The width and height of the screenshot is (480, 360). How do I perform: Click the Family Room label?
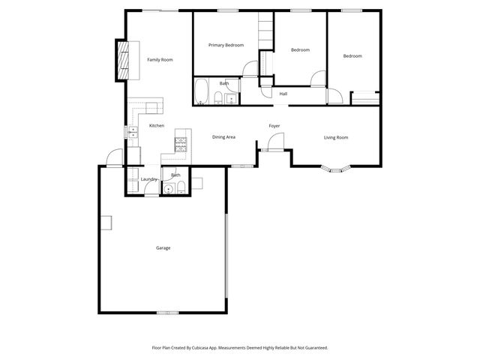coord(160,59)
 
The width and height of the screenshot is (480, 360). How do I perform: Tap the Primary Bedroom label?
coord(226,45)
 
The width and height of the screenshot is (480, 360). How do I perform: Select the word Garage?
coord(163,247)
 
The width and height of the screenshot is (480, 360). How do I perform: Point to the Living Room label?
coord(336,137)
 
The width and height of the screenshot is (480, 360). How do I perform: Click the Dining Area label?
coord(224,137)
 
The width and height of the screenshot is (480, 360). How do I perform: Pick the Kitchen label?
coord(157,125)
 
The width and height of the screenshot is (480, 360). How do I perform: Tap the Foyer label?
coord(274,125)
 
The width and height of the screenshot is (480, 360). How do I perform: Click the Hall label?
coord(283,94)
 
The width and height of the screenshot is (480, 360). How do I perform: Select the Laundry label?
coord(148,179)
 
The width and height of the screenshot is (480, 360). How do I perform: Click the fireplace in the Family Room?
coord(120,59)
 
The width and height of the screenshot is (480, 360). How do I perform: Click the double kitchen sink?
coord(133,134)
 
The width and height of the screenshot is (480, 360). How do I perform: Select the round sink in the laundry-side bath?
coord(170,189)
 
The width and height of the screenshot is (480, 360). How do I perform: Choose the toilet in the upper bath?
coord(217,97)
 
